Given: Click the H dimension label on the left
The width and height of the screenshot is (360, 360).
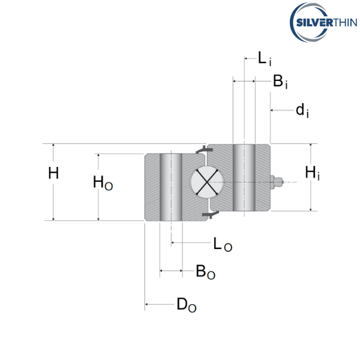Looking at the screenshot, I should (53, 174).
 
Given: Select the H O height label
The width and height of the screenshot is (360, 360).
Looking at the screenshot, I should (103, 183).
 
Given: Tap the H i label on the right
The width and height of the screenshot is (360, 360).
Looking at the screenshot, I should (313, 173).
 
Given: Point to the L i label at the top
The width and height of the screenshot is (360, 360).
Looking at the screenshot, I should (265, 58).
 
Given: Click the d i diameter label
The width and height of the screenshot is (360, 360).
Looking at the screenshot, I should (302, 110).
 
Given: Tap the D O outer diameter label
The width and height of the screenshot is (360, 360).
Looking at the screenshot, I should (186, 305).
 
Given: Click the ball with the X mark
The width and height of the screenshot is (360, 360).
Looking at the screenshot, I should (205, 181).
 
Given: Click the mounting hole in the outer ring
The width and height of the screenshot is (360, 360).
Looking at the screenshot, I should (171, 187).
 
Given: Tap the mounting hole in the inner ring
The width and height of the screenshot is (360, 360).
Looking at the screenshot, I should (245, 178).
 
